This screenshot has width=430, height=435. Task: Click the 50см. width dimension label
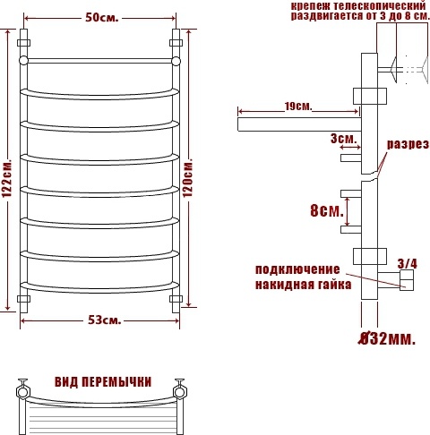click(102, 18)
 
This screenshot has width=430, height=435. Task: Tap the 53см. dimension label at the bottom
click(105, 320)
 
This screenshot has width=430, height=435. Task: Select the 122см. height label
click(7, 177)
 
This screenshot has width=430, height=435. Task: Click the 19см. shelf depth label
click(297, 106)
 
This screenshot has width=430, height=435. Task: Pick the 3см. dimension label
click(343, 139)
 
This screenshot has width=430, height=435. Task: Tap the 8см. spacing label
click(327, 210)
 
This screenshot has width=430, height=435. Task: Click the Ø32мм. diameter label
click(387, 338)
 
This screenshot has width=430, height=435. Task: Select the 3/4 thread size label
click(408, 264)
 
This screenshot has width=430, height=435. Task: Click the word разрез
click(408, 144)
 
